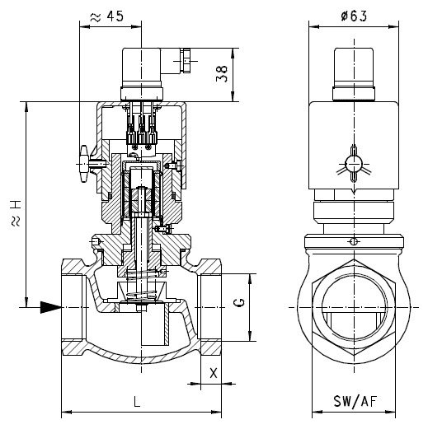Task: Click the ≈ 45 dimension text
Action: [x=107, y=16]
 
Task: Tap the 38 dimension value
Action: [x=222, y=73]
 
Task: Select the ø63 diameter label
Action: [x=354, y=16]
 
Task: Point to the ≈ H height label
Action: [x=16, y=213]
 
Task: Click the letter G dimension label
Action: [x=239, y=302]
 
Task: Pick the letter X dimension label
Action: [x=214, y=373]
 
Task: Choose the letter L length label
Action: [x=137, y=402]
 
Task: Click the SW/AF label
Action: [x=355, y=401]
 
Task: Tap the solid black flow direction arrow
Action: [x=51, y=307]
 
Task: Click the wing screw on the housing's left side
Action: [x=84, y=164]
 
